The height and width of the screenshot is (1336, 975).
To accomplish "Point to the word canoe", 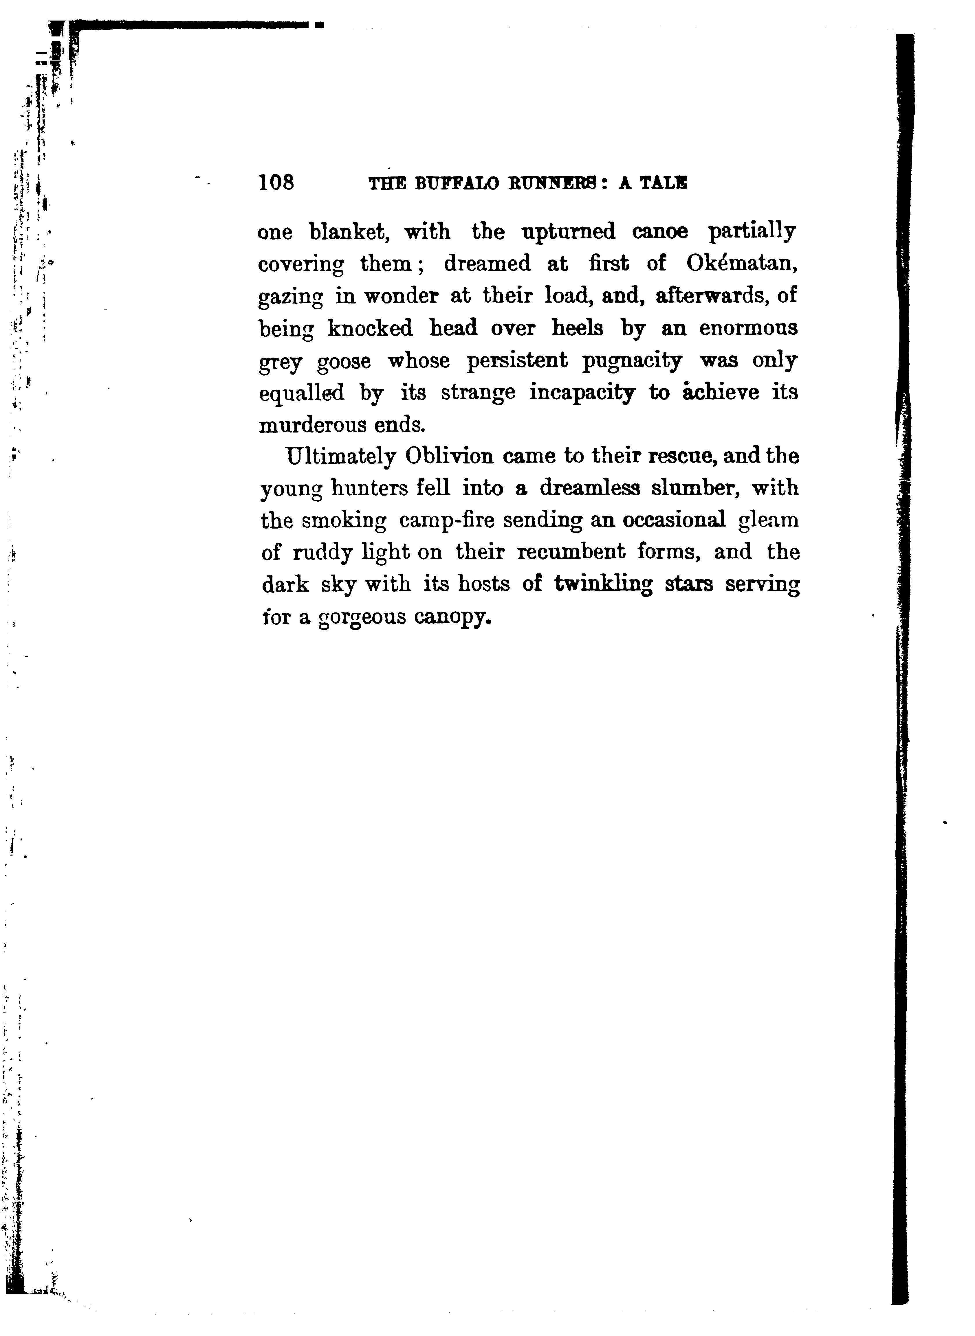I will click(x=660, y=232).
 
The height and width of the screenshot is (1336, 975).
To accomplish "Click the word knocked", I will click(x=370, y=328).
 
